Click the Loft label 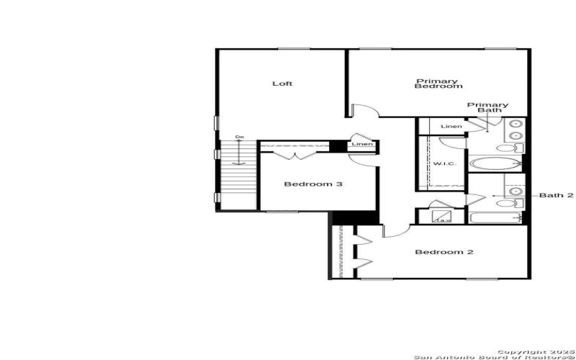tap(282, 84)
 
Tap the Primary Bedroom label tap(438, 84)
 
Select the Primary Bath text tap(487, 108)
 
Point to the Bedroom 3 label tap(312, 184)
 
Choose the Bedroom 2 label tap(444, 252)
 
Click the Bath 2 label tap(557, 195)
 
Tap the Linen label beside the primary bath tap(451, 127)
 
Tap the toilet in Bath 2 tap(506, 204)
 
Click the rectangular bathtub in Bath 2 tap(495, 217)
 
